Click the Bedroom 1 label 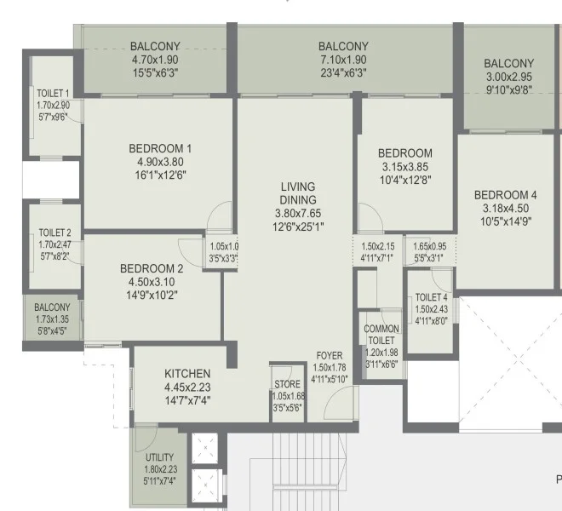click(x=160, y=148)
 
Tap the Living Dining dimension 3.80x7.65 click(x=298, y=214)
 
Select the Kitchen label click(x=187, y=374)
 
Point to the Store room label click(x=288, y=384)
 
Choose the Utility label click(x=159, y=457)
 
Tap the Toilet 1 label click(x=53, y=93)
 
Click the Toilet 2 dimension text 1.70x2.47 click(x=54, y=244)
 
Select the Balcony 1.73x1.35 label click(x=52, y=307)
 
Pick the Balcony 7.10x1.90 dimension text click(x=343, y=60)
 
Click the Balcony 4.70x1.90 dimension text click(x=155, y=60)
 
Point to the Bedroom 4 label click(x=505, y=195)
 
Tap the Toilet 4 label click(x=431, y=297)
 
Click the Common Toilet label click(x=381, y=335)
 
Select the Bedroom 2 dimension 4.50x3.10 click(x=152, y=282)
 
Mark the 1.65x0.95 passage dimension click(x=430, y=246)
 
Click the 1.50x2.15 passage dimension click(x=378, y=246)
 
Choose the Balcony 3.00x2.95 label click(x=509, y=64)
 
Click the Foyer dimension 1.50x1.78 click(x=330, y=368)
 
